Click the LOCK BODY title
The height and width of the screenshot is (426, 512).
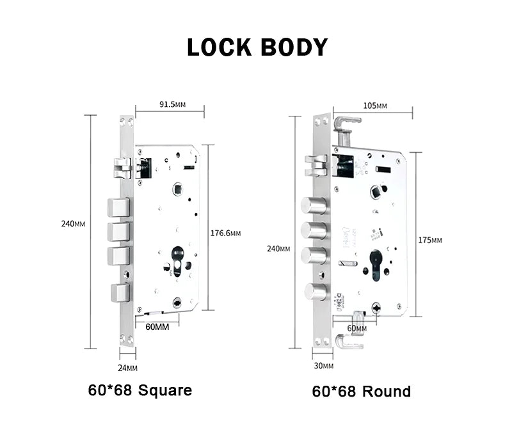pyautogui.click(x=257, y=47)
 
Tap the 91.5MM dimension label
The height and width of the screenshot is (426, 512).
pyautogui.click(x=171, y=104)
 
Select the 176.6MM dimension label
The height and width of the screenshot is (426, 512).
pyautogui.click(x=226, y=233)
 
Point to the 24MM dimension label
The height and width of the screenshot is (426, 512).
pyautogui.click(x=128, y=368)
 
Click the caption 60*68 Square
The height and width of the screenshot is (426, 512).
pyautogui.click(x=140, y=390)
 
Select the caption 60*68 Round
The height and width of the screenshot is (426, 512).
pyautogui.click(x=362, y=391)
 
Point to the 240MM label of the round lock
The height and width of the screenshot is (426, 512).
pyautogui.click(x=278, y=249)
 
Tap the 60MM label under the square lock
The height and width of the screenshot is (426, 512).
pyautogui.click(x=157, y=327)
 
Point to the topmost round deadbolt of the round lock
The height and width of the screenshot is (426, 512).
pyautogui.click(x=314, y=206)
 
